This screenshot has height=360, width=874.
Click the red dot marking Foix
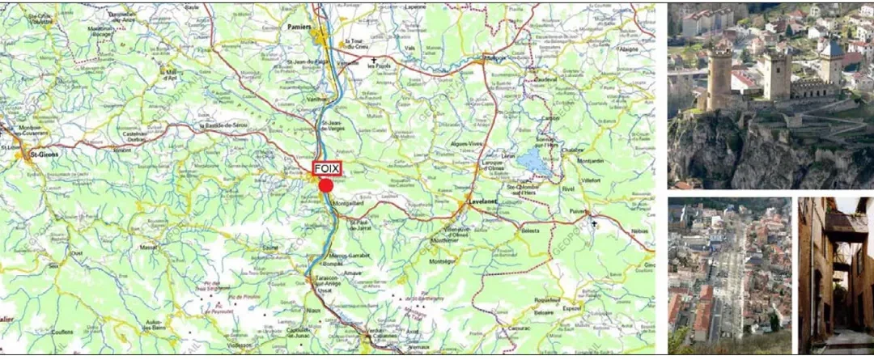point(326,186)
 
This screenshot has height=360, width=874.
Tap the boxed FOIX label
point(327,168)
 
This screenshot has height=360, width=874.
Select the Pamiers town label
point(299,27)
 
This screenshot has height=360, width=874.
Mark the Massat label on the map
point(149,247)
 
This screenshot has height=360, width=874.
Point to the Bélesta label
point(530,231)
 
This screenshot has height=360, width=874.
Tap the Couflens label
point(62,331)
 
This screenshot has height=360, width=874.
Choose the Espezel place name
point(571,308)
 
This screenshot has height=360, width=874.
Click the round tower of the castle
point(719,77)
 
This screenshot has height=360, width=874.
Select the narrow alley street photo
point(835,275)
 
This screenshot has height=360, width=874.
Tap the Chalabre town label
point(572,149)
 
